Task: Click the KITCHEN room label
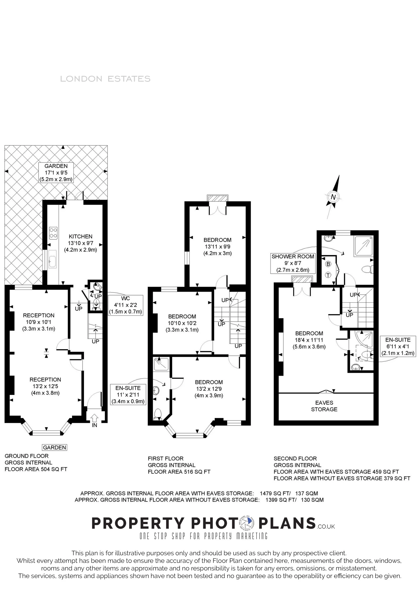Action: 81,237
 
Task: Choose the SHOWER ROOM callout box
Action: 293,263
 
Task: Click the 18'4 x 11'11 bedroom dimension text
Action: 309,340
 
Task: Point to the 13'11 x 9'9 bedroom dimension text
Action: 218,246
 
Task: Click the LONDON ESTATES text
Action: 105,79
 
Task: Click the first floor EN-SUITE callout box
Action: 128,395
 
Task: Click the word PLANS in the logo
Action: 287,523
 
